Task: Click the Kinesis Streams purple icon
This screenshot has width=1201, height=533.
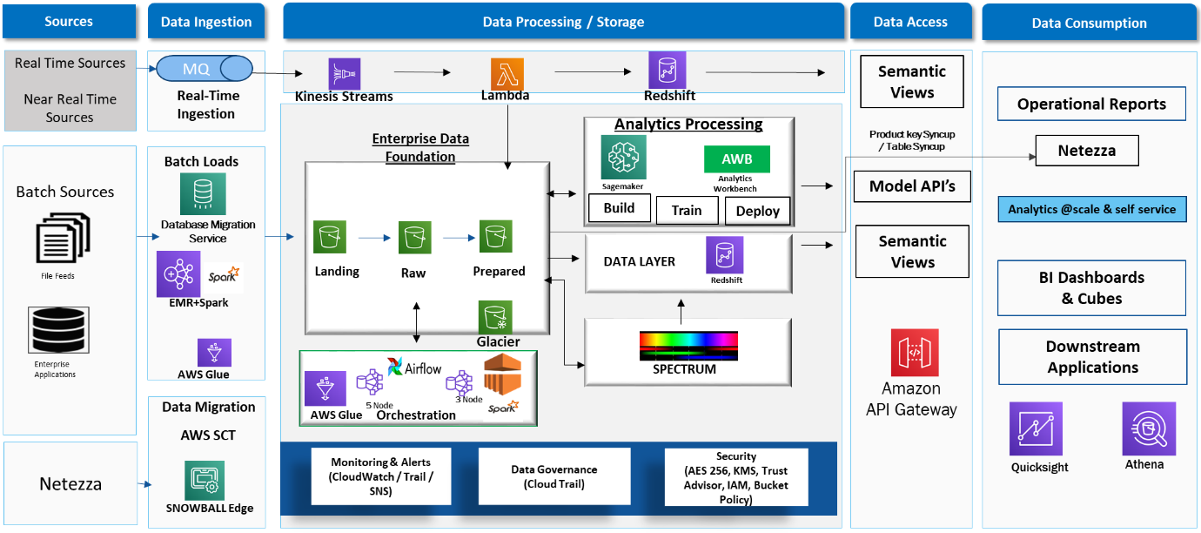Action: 344,74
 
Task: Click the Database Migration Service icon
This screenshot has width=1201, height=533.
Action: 203,194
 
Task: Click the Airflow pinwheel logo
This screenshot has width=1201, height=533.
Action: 395,367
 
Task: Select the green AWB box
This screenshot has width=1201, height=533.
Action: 735,159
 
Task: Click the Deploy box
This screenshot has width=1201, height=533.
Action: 757,211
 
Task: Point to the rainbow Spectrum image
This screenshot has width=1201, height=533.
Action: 688,346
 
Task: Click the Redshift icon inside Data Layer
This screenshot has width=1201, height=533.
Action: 725,255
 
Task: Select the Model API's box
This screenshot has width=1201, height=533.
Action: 912,186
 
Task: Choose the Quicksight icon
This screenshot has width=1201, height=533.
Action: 1036,428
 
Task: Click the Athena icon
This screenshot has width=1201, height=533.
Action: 1149,428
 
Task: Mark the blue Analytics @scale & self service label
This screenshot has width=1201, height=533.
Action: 1091,209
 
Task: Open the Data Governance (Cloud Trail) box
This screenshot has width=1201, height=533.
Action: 554,476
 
